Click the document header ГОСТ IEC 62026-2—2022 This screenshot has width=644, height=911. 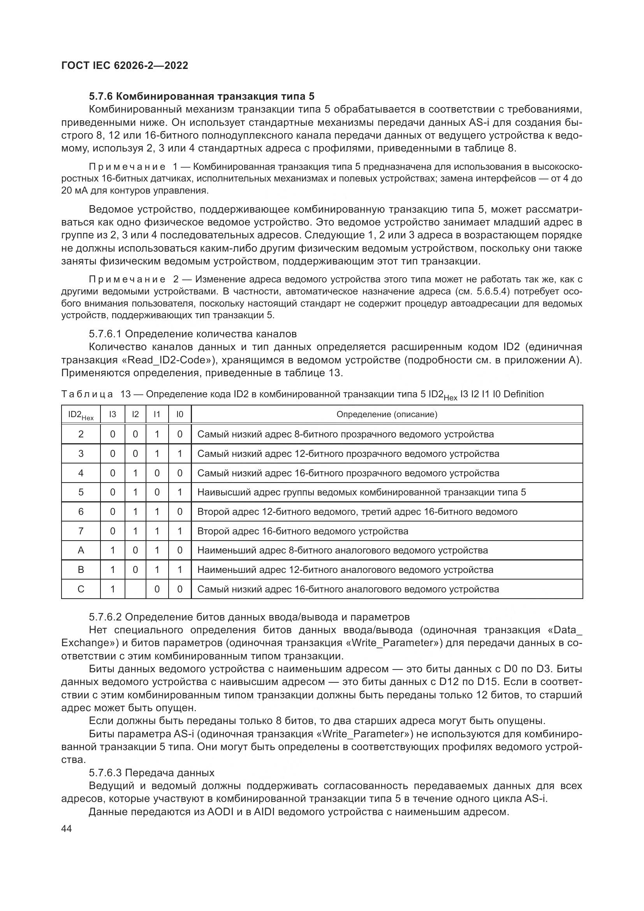(125, 65)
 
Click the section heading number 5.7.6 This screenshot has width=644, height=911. (102, 97)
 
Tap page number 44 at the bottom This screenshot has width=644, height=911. (67, 829)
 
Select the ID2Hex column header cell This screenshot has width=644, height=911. (81, 415)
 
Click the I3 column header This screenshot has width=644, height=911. (113, 414)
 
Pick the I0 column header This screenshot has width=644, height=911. (179, 414)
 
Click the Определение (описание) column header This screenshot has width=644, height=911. (387, 414)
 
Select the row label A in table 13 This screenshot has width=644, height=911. (81, 550)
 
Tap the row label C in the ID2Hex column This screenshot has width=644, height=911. (81, 589)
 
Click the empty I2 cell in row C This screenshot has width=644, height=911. (135, 589)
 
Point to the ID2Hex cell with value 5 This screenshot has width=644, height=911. (81, 492)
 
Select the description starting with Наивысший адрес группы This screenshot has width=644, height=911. (361, 492)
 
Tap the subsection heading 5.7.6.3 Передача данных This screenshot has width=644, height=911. (151, 772)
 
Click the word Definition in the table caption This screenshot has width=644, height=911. (523, 394)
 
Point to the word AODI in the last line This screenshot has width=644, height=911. (219, 812)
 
